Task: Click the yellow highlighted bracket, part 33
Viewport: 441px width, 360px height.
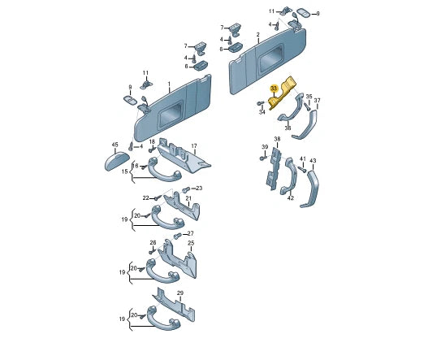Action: click(x=280, y=93)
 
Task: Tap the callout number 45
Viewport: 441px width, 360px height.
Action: click(x=115, y=145)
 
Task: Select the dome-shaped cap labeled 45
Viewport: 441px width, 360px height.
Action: click(x=117, y=161)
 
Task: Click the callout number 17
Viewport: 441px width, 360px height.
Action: click(x=194, y=146)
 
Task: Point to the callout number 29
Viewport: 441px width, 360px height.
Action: click(x=180, y=293)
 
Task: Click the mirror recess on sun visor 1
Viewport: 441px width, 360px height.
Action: click(x=170, y=115)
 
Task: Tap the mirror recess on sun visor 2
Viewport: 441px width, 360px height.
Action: click(x=270, y=59)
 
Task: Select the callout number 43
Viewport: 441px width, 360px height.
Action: click(x=313, y=161)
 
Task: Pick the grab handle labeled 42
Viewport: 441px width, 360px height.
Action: click(x=288, y=176)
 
